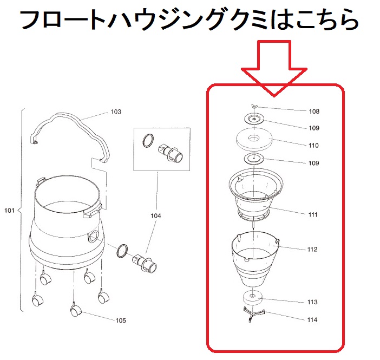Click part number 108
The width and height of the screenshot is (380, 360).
(x=314, y=112)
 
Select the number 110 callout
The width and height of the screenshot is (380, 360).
(x=313, y=146)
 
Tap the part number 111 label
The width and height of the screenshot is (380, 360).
(x=313, y=215)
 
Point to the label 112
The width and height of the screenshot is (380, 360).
(x=312, y=250)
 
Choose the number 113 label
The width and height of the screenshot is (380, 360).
(x=312, y=302)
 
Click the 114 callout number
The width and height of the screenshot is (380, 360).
(x=312, y=320)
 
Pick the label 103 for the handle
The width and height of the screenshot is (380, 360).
(x=116, y=112)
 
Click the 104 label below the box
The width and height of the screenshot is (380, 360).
(x=155, y=216)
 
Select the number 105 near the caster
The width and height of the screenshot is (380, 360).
(x=121, y=320)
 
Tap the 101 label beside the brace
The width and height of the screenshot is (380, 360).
(x=9, y=211)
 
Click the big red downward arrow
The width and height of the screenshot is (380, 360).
(x=274, y=68)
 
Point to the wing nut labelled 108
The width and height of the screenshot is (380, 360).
(x=254, y=106)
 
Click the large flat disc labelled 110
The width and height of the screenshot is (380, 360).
(x=254, y=139)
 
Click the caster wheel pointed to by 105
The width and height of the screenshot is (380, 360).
(x=75, y=311)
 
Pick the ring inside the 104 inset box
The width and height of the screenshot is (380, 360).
(x=148, y=140)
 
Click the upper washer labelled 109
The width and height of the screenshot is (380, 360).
(x=254, y=119)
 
